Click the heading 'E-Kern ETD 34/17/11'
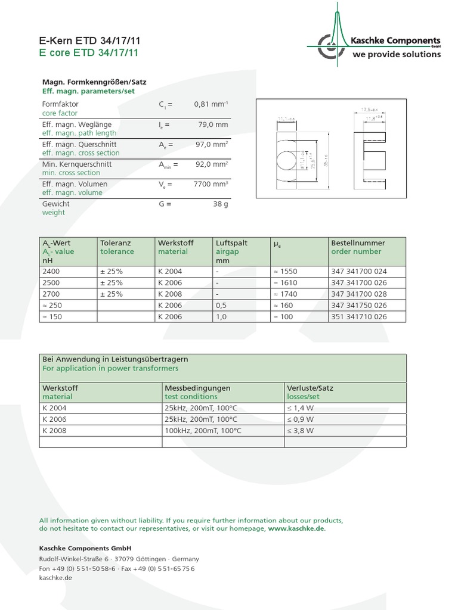pyautogui.click(x=89, y=41)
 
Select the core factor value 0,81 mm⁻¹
pyautogui.click(x=211, y=104)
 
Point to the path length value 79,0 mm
pyautogui.click(x=213, y=125)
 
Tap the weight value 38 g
pyautogui.click(x=220, y=204)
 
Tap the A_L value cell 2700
pyautogui.click(x=52, y=294)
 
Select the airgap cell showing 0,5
pyautogui.click(x=221, y=305)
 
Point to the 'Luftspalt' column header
pyautogui.click(x=231, y=243)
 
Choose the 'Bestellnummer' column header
pyautogui.click(x=358, y=243)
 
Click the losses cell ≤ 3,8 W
pyautogui.click(x=300, y=430)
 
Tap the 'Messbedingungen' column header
pyautogui.click(x=197, y=388)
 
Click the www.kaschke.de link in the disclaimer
pyautogui.click(x=296, y=528)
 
